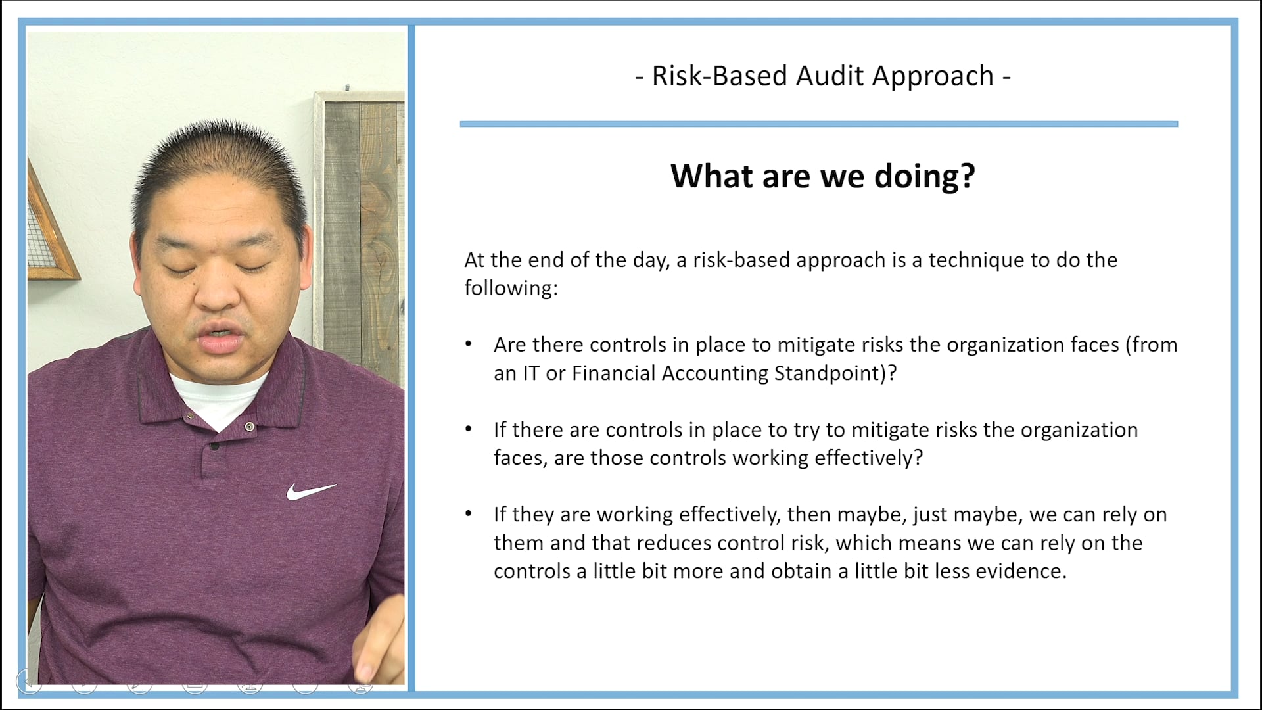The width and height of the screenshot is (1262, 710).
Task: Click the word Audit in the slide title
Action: click(830, 76)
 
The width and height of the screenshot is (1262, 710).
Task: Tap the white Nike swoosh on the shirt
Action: click(310, 491)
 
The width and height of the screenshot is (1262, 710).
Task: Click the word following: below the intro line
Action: click(511, 289)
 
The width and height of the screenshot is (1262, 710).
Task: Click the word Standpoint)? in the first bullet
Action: click(835, 373)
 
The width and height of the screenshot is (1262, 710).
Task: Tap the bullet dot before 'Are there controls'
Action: click(468, 344)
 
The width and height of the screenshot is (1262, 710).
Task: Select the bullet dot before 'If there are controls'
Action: click(468, 429)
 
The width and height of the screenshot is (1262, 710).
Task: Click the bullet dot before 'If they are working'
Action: click(468, 514)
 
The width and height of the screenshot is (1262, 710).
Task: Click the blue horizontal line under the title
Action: click(818, 124)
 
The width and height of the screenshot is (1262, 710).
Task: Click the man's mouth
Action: click(220, 341)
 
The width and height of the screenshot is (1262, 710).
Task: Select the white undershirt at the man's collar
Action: click(217, 398)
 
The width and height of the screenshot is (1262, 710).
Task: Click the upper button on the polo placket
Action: click(249, 427)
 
